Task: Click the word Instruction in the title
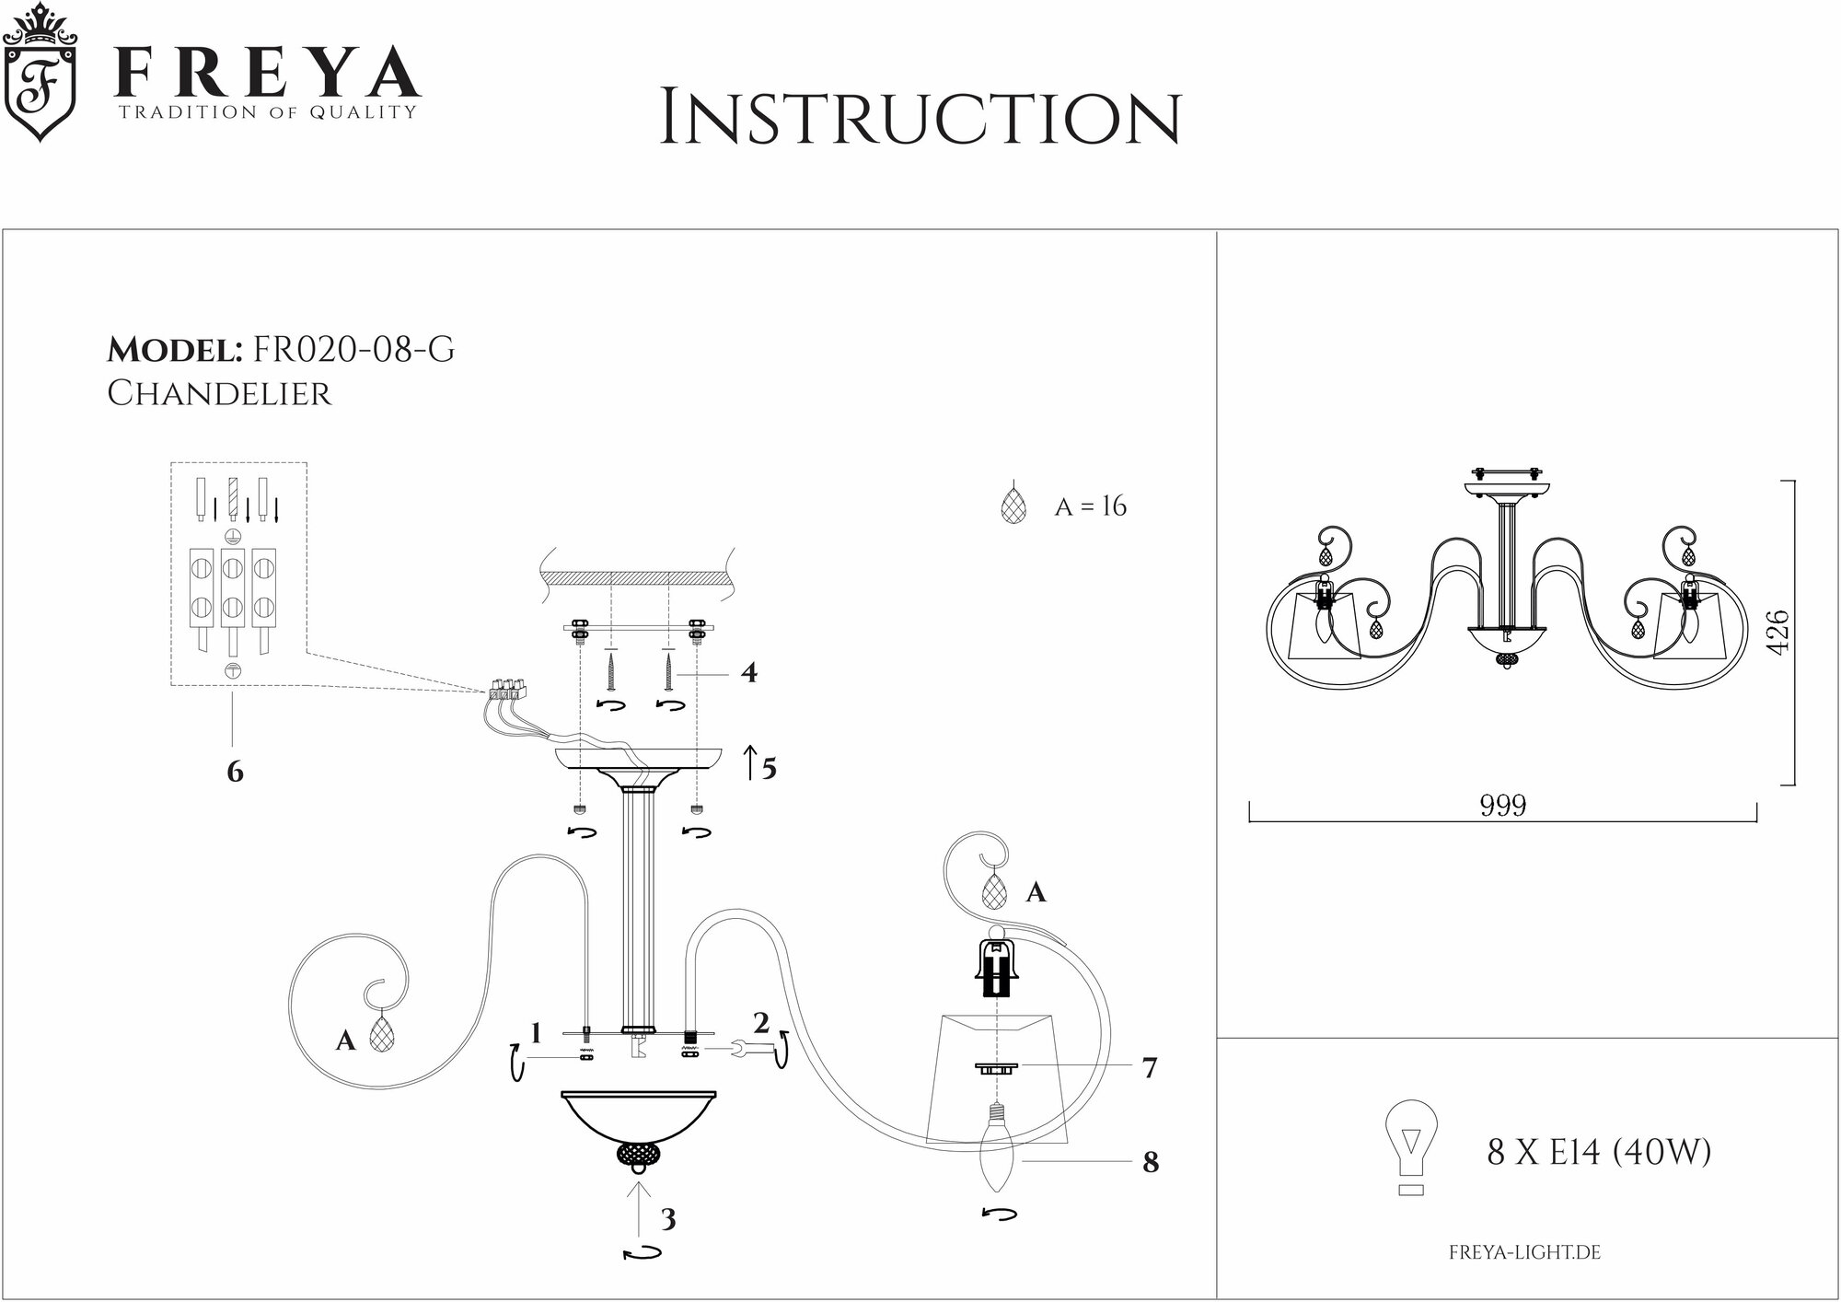(x=920, y=118)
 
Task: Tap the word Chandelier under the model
(x=219, y=393)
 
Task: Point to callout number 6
(x=235, y=772)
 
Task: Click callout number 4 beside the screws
(x=749, y=673)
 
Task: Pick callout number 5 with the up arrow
(x=769, y=768)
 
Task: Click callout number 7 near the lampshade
(x=1149, y=1068)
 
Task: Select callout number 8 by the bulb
(x=1150, y=1163)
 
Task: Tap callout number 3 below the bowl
(x=668, y=1219)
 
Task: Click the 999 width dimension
(x=1502, y=806)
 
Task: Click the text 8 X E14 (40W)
(x=1599, y=1152)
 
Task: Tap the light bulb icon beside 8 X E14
(x=1409, y=1146)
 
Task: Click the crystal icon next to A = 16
(x=1013, y=506)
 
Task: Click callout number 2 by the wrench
(x=760, y=1023)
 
